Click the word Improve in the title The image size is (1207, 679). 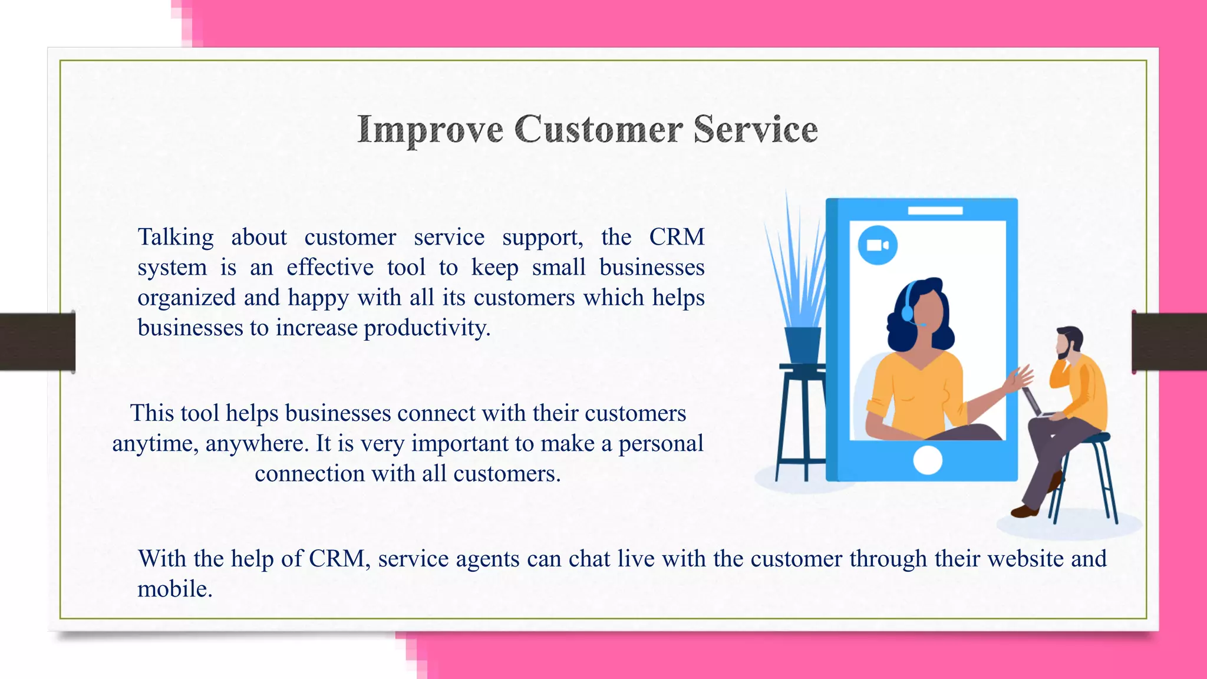tap(430, 130)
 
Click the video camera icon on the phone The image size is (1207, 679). tap(878, 245)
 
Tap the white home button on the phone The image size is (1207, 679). tap(927, 460)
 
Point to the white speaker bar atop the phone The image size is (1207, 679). tap(935, 210)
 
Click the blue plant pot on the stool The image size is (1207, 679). tap(802, 345)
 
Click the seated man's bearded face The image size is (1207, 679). tap(1064, 345)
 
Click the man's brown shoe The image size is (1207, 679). tap(1024, 511)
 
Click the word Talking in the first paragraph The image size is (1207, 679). tap(176, 237)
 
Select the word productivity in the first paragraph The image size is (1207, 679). tap(427, 328)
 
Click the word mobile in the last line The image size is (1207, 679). tap(174, 589)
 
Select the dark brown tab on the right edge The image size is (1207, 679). tap(1169, 342)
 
